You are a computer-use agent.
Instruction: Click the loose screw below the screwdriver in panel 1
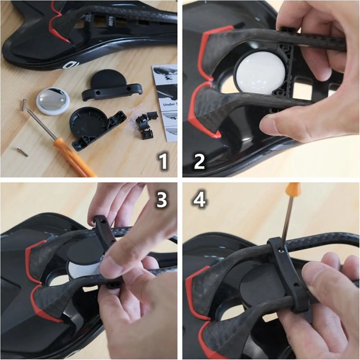(x=22, y=152)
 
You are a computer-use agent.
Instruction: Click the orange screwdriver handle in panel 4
(x=293, y=189)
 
